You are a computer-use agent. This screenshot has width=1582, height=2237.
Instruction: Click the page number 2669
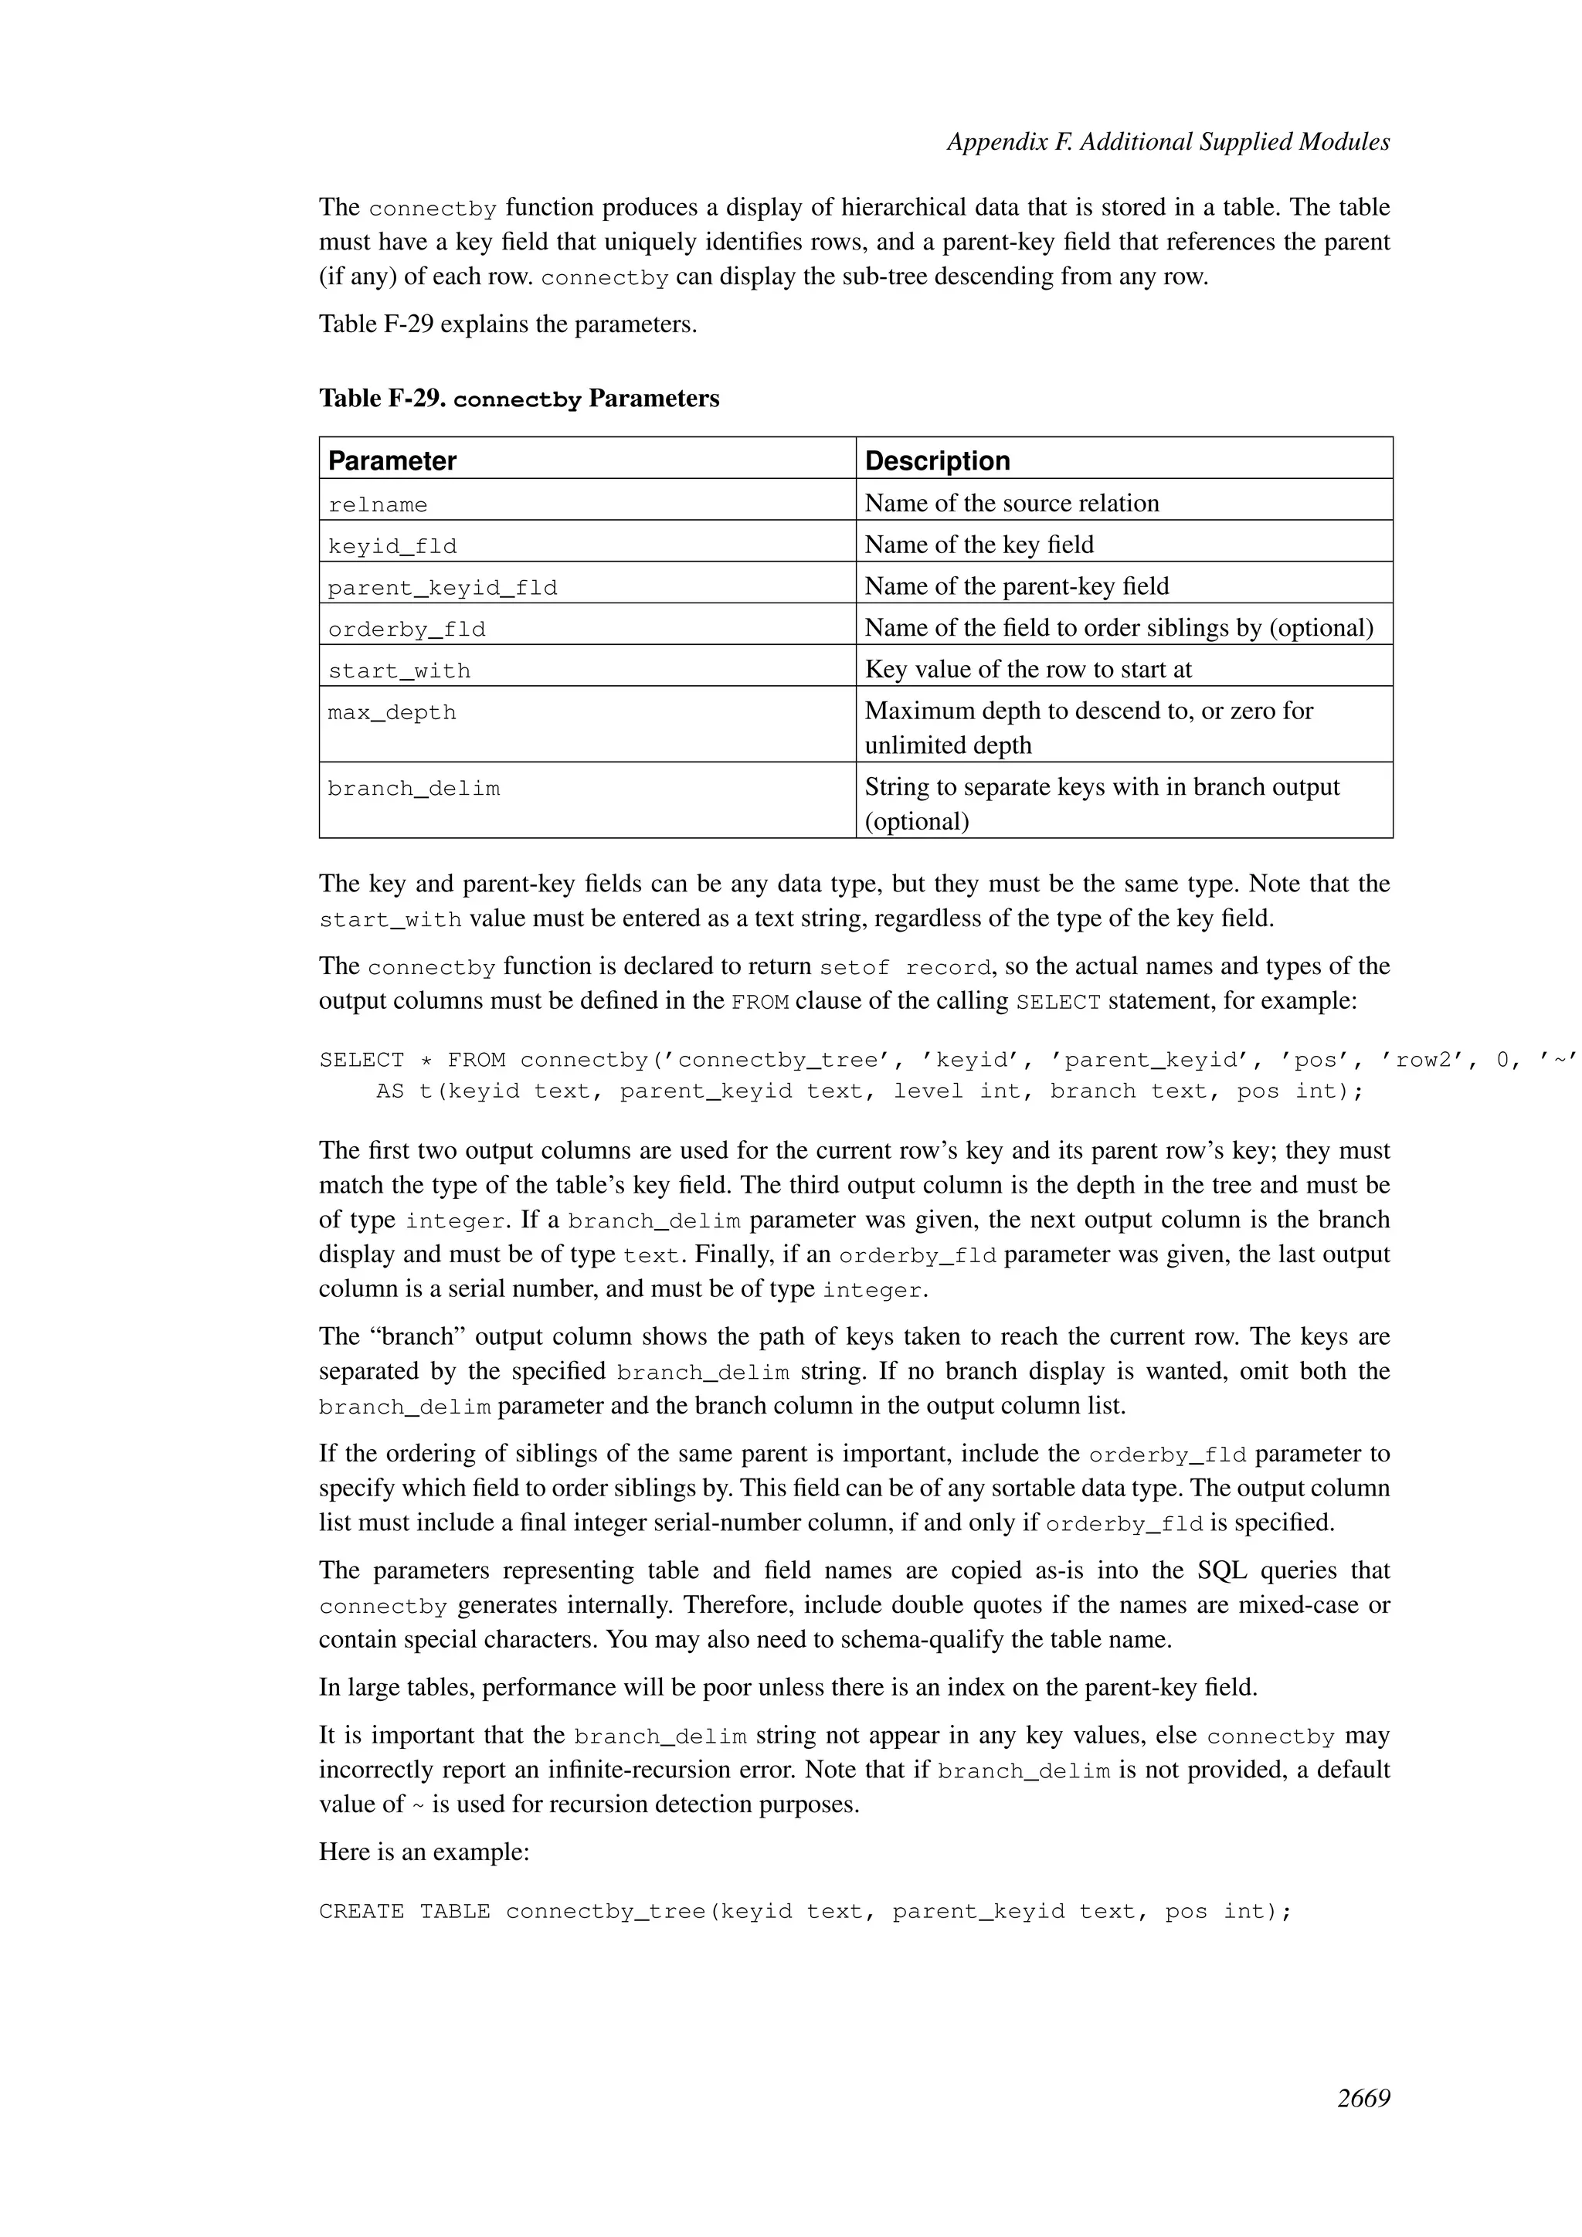[1363, 2099]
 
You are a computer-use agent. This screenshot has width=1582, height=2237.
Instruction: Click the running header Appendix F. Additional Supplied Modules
[1168, 142]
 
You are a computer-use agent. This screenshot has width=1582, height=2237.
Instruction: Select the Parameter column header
[392, 461]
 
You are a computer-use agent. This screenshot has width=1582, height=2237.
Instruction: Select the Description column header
[937, 461]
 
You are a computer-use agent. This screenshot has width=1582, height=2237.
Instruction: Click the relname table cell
[377, 504]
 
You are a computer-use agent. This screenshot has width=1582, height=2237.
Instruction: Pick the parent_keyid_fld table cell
[443, 589]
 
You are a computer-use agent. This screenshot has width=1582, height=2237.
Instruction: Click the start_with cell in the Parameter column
[399, 671]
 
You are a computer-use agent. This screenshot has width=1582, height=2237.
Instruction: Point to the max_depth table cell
[392, 713]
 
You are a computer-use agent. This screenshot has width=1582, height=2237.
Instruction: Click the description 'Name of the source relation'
[1011, 504]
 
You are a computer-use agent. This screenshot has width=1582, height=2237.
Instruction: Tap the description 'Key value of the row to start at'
[1027, 670]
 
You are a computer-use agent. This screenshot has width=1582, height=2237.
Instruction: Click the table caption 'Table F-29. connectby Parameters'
[518, 399]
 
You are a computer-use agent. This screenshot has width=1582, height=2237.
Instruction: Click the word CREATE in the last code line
[362, 1912]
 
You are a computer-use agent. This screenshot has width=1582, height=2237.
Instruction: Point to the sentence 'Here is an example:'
[424, 1852]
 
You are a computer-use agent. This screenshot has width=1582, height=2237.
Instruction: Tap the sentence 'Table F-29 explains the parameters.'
[508, 324]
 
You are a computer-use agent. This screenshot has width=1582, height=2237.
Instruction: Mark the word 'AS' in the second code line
[389, 1091]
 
